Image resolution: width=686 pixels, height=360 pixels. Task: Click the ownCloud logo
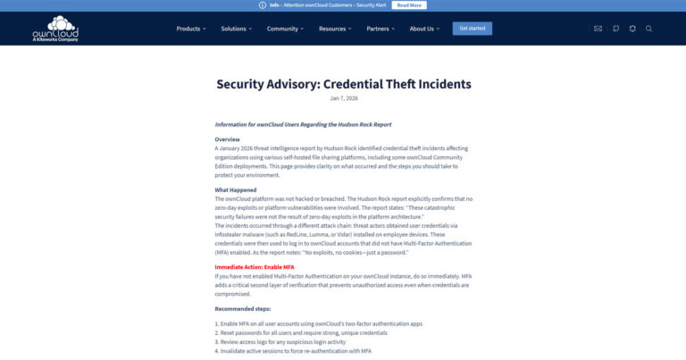(x=55, y=29)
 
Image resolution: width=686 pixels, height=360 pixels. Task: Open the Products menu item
(x=190, y=29)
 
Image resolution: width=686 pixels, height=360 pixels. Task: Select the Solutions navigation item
(x=236, y=29)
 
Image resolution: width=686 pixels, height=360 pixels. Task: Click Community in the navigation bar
(x=285, y=29)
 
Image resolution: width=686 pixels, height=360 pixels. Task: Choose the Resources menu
(x=334, y=29)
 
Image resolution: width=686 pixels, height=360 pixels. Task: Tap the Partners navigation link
(x=380, y=29)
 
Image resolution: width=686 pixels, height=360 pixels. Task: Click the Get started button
(x=472, y=29)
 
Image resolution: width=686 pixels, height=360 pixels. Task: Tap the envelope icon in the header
(x=598, y=29)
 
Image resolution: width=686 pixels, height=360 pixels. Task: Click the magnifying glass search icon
(x=649, y=29)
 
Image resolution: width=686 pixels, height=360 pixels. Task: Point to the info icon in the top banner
(x=262, y=5)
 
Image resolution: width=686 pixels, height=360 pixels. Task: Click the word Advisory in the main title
(x=298, y=84)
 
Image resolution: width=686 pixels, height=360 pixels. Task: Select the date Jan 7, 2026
(x=343, y=98)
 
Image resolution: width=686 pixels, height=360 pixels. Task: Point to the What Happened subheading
(x=236, y=189)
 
